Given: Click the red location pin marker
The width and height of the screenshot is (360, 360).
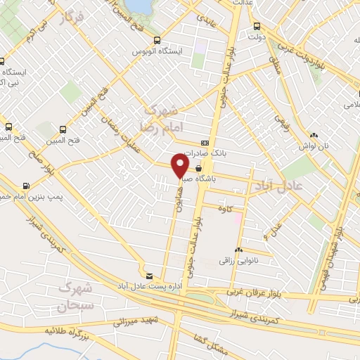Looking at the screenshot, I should click(x=181, y=166).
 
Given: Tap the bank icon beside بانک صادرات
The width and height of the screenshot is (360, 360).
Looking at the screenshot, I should click(x=204, y=141).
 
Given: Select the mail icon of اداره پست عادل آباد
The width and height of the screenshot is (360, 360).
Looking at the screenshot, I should click(x=148, y=274).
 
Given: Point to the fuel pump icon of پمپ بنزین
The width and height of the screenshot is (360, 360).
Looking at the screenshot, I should click(x=27, y=186).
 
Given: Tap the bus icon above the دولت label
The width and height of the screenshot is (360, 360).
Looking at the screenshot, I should click(x=256, y=27).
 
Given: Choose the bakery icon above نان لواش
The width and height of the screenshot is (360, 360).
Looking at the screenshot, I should click(x=314, y=135).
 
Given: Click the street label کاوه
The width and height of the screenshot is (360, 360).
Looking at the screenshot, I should click(x=225, y=209).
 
